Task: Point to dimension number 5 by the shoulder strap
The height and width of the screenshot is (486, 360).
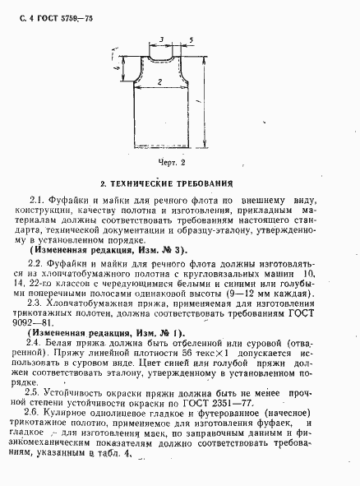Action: pos(191,39)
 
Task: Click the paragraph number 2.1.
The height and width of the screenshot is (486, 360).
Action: pos(35,201)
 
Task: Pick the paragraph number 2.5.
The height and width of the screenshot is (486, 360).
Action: pos(35,394)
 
